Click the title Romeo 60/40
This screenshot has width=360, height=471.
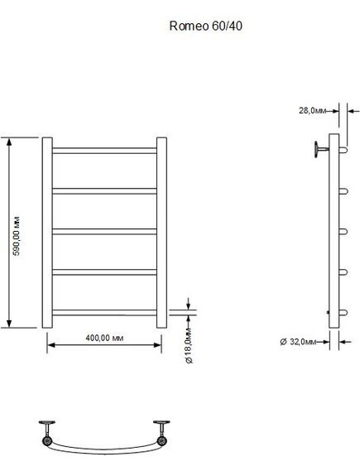point(206,26)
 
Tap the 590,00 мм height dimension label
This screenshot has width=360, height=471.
point(17,236)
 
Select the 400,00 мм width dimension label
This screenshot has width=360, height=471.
point(104,338)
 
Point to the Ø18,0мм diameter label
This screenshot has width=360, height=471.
point(190,346)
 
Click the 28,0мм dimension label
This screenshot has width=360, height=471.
point(312,111)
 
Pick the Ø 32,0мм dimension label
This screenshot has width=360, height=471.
point(298,342)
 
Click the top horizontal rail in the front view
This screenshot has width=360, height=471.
point(104,151)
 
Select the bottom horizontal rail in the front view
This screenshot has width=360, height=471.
point(104,312)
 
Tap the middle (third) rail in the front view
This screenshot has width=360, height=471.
point(104,232)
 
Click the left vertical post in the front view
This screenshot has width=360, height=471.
point(47,233)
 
